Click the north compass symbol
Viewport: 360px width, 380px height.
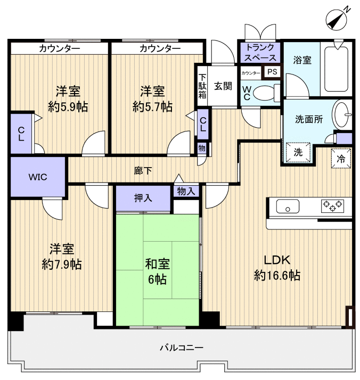(337, 19)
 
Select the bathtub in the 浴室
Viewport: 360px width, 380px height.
(336, 69)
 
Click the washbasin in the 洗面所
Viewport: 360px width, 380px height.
(342, 114)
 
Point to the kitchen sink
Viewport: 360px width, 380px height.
(288, 206)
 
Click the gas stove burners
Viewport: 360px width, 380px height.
(332, 206)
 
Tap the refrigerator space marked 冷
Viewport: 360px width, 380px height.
(341, 158)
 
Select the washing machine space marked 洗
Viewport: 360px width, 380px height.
(298, 152)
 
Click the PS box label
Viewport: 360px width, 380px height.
(272, 72)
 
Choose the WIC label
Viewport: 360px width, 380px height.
(38, 177)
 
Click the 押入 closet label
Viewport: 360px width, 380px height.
(143, 198)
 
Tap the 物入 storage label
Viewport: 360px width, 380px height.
(186, 191)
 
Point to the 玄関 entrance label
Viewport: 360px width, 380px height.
(223, 86)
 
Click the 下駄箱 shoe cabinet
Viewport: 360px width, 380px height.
(202, 86)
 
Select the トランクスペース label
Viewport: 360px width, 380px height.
(260, 52)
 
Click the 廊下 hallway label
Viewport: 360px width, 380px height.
(143, 171)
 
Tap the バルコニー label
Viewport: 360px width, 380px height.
(182, 348)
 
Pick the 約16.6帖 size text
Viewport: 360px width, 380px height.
(277, 276)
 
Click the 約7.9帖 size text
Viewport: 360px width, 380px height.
(62, 265)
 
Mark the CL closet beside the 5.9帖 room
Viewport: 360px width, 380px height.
(21, 134)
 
